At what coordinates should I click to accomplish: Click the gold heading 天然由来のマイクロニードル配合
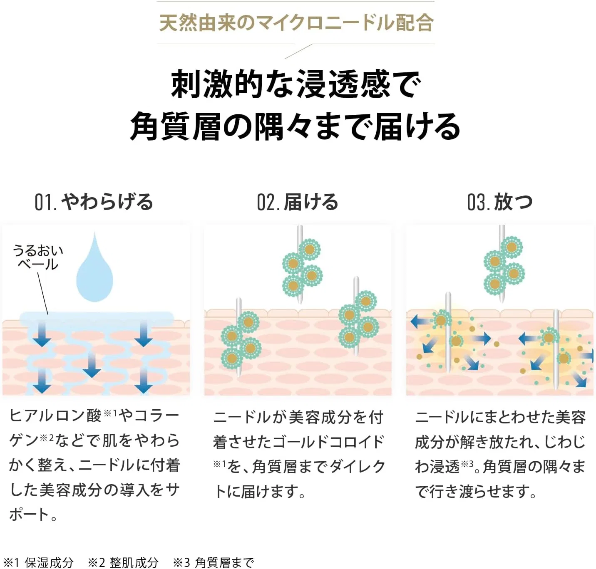[296, 22]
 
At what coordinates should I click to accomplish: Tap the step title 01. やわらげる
[94, 202]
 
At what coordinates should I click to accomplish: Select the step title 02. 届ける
[298, 202]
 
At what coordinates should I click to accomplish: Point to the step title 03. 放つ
[499, 202]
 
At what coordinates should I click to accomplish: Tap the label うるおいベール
[38, 257]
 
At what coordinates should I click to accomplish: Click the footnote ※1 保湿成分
[39, 562]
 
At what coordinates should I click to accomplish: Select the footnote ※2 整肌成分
[123, 562]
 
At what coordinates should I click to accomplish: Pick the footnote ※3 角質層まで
[214, 562]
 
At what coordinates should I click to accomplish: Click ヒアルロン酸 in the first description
[55, 416]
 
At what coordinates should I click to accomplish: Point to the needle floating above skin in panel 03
[502, 264]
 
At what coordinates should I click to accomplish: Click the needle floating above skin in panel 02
[300, 265]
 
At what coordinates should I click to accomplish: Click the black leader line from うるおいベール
[43, 293]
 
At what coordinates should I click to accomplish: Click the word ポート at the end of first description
[30, 515]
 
